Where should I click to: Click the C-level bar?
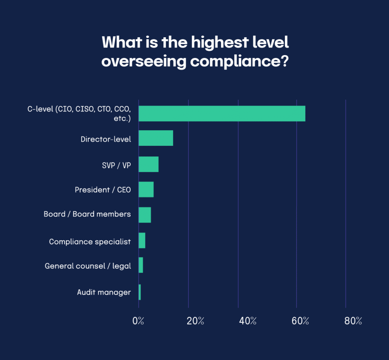(222, 114)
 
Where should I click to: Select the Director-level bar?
(156, 138)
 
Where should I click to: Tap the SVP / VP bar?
(149, 164)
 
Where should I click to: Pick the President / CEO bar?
(146, 189)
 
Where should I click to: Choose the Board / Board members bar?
(145, 215)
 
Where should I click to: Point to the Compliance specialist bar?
(142, 240)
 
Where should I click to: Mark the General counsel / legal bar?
(141, 265)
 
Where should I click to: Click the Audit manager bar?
(140, 292)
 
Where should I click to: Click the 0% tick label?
(138, 321)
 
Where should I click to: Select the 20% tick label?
(196, 321)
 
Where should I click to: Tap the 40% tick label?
(248, 321)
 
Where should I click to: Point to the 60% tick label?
(300, 321)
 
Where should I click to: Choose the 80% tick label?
(353, 321)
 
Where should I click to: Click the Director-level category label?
(106, 139)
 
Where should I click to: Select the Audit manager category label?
(104, 292)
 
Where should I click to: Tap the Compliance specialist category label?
(90, 242)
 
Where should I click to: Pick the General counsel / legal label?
(88, 266)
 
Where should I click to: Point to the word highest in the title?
(219, 43)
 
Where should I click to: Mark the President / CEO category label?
(103, 189)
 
